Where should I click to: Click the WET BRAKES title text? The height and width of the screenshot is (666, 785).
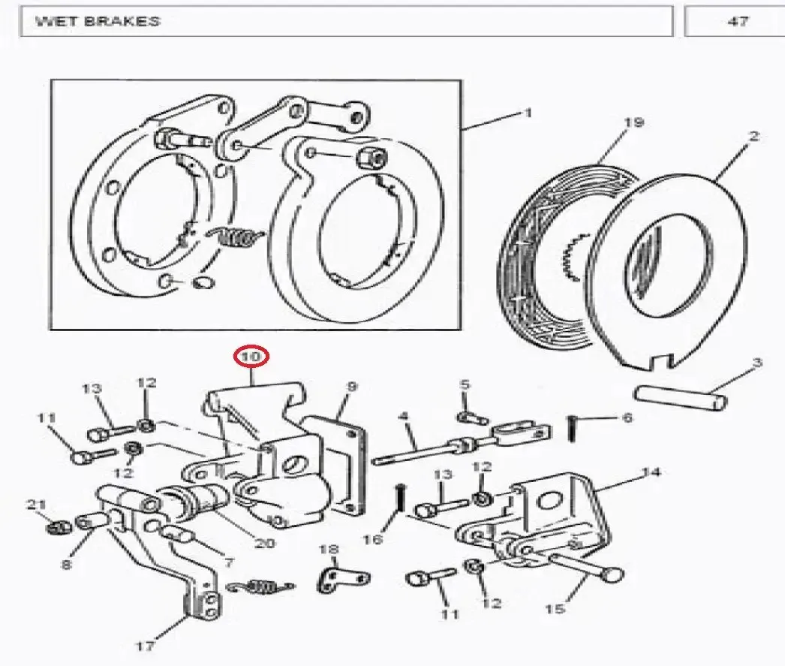(x=98, y=22)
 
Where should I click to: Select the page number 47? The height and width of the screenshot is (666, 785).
(x=738, y=22)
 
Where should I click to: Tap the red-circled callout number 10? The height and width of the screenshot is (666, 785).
(x=251, y=357)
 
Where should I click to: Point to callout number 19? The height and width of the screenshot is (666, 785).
(x=634, y=122)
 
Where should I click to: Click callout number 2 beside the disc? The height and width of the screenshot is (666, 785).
(x=754, y=136)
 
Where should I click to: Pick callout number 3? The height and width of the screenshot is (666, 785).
(x=757, y=363)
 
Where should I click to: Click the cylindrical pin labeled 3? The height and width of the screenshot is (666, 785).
(x=680, y=398)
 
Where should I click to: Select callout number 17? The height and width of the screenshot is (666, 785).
(x=145, y=646)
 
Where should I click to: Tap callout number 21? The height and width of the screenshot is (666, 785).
(x=36, y=505)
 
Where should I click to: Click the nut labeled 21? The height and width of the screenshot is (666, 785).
(x=59, y=527)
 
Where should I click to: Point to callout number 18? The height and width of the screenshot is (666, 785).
(x=329, y=550)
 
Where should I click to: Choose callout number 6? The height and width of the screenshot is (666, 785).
(x=627, y=417)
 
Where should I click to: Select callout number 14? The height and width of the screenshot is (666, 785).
(x=651, y=472)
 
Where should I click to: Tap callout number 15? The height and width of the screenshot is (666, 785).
(x=555, y=608)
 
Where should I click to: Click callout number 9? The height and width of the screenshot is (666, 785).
(x=352, y=387)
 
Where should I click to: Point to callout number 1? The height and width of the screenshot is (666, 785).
(x=528, y=113)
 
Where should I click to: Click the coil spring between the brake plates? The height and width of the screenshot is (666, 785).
(x=236, y=237)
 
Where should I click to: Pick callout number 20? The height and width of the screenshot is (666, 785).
(x=265, y=543)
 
